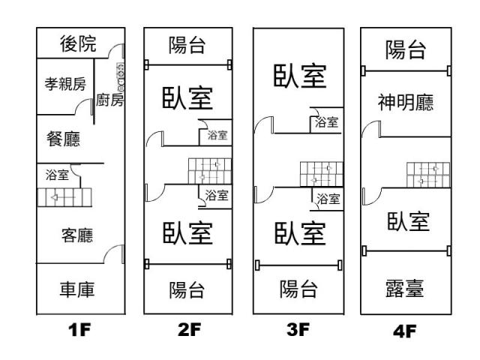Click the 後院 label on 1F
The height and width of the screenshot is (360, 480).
tap(78, 43)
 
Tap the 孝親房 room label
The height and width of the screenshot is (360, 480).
tap(66, 85)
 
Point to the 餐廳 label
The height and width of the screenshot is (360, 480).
tap(63, 139)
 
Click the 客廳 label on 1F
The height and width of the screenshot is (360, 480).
tap(77, 236)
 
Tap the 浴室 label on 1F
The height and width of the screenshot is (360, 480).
tap(57, 175)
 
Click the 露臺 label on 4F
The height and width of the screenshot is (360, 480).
tap(406, 289)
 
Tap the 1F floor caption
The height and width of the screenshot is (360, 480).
tap(79, 328)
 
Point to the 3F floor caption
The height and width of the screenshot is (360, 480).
tap(298, 328)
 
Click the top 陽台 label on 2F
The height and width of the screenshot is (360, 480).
tap(187, 45)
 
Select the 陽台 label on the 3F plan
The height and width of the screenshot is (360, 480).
tap(298, 289)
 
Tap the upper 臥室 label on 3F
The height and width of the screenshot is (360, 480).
tap(298, 77)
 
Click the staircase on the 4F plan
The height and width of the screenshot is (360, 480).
tap(429, 175)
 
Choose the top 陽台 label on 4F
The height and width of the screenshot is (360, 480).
tap(406, 50)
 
